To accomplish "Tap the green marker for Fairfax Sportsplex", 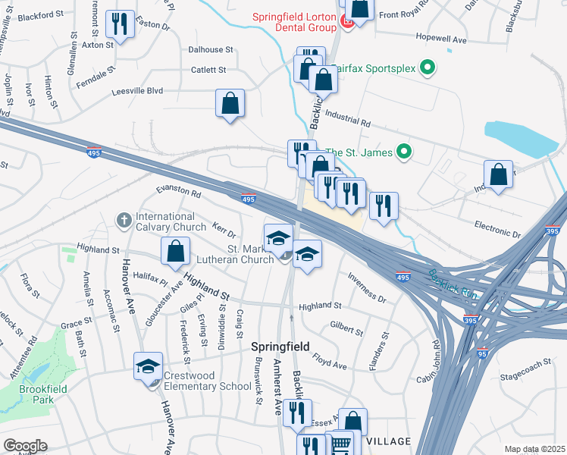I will click(x=428, y=69).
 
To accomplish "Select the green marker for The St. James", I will click(x=404, y=152).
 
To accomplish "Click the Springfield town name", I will click(x=280, y=347).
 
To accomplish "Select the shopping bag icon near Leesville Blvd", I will click(x=230, y=102).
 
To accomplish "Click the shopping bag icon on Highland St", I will click(x=175, y=250).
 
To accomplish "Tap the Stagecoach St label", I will click(x=525, y=376).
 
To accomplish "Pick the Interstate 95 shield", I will click(x=483, y=353).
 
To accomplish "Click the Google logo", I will click(x=25, y=446).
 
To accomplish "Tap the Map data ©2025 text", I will click(x=534, y=449).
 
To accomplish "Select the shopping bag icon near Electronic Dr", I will click(x=499, y=174).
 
